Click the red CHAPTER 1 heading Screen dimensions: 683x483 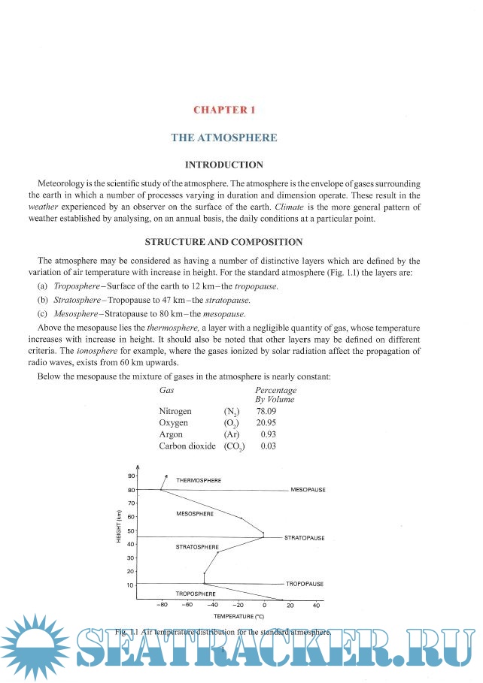tap(224, 110)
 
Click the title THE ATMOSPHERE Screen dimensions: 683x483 tap(224, 138)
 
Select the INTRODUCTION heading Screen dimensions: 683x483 tap(224, 165)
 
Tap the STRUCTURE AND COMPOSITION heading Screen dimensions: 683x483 tap(223, 242)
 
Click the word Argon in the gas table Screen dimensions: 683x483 tap(171, 434)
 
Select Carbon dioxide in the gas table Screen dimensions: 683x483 tap(187, 446)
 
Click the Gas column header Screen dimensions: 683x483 tap(167, 390)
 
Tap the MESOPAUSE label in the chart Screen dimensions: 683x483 tap(308, 490)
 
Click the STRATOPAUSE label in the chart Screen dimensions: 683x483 tap(304, 538)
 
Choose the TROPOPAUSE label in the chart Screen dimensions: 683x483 tap(305, 583)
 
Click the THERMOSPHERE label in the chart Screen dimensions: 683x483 tap(199, 479)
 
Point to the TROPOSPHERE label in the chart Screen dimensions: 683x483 tap(196, 594)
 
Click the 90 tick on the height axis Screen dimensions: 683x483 tap(131, 476)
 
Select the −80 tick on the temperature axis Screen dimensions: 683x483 tap(161, 604)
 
